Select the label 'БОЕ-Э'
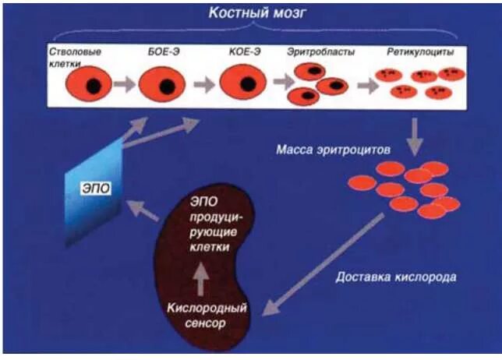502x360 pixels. tap(164, 52)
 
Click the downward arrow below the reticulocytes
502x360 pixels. tap(416, 134)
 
